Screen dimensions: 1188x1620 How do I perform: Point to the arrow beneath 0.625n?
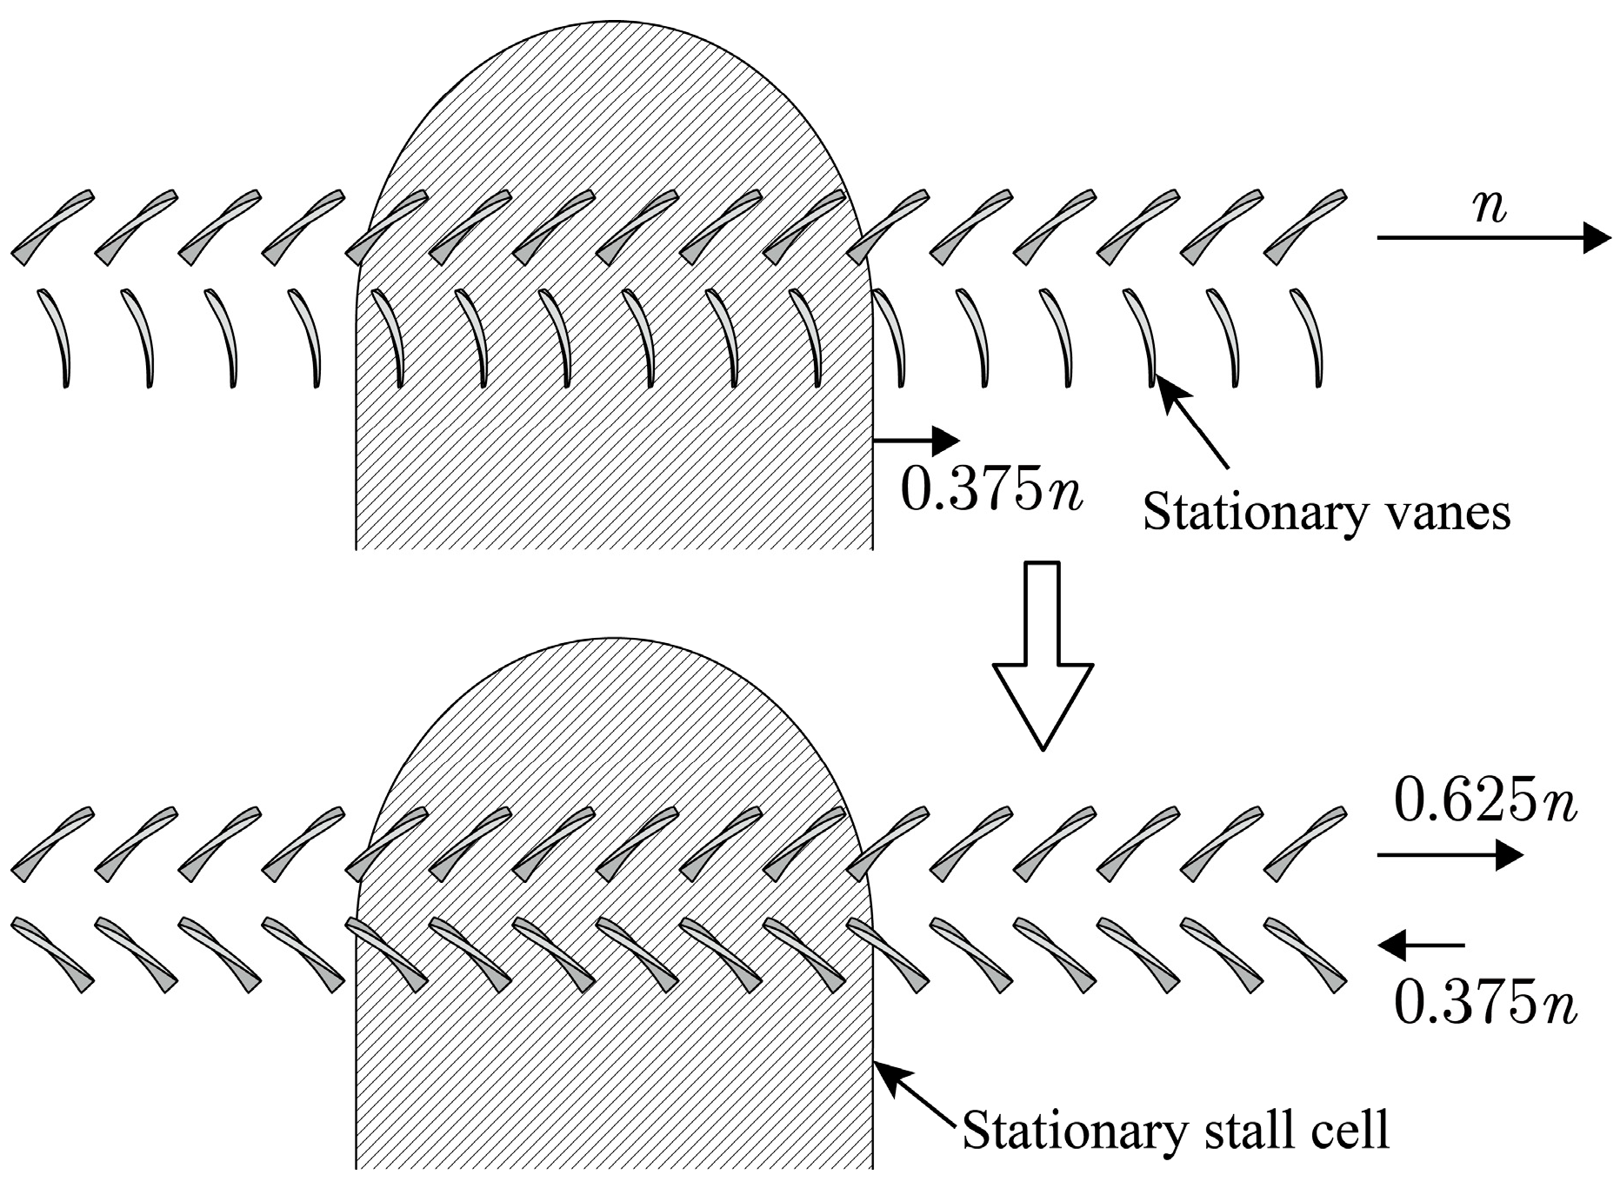pyautogui.click(x=1450, y=856)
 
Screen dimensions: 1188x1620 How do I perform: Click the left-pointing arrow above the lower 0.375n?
pyautogui.click(x=1422, y=945)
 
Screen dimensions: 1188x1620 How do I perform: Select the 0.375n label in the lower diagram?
pyautogui.click(x=1484, y=1005)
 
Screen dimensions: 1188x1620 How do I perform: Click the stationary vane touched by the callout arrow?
pyautogui.click(x=1141, y=339)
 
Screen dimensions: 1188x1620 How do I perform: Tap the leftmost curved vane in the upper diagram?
pyautogui.click(x=56, y=339)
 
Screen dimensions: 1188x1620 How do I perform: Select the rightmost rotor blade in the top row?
pyautogui.click(x=1305, y=227)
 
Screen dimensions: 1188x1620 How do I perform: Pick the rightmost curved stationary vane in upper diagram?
pyautogui.click(x=1307, y=339)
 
